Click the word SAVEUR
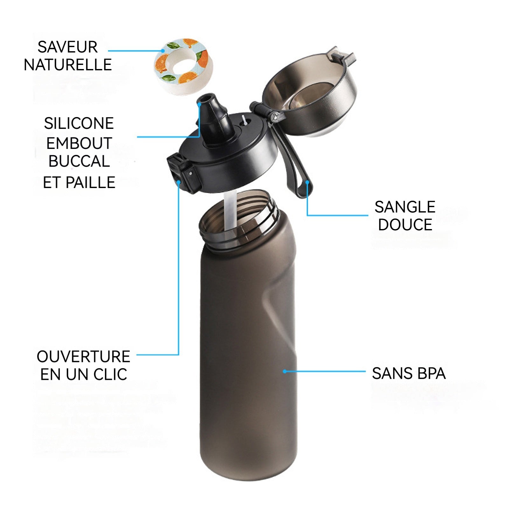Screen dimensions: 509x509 tap(67, 47)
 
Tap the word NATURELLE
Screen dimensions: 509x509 tap(68, 65)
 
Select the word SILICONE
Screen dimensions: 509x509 tap(79, 123)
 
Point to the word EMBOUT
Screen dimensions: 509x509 tap(79, 143)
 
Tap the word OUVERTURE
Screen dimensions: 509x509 tap(83, 357)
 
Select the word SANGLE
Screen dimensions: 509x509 tap(405, 207)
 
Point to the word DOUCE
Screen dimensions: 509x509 tap(405, 225)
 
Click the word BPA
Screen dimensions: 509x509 tap(431, 373)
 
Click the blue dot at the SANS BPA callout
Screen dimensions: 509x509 tap(285, 371)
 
